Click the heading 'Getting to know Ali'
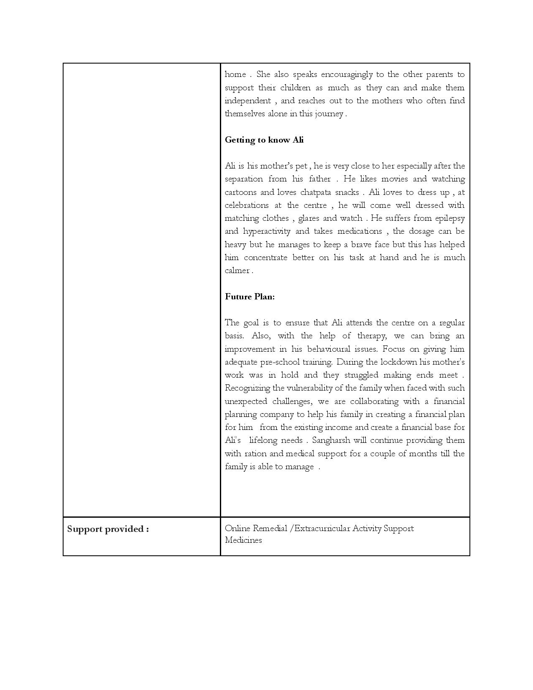point(264,140)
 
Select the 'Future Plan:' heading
point(250,296)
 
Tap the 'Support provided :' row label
point(108,529)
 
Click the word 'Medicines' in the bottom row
point(243,540)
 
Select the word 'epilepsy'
point(450,218)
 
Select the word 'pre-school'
point(282,362)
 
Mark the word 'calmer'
point(237,271)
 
